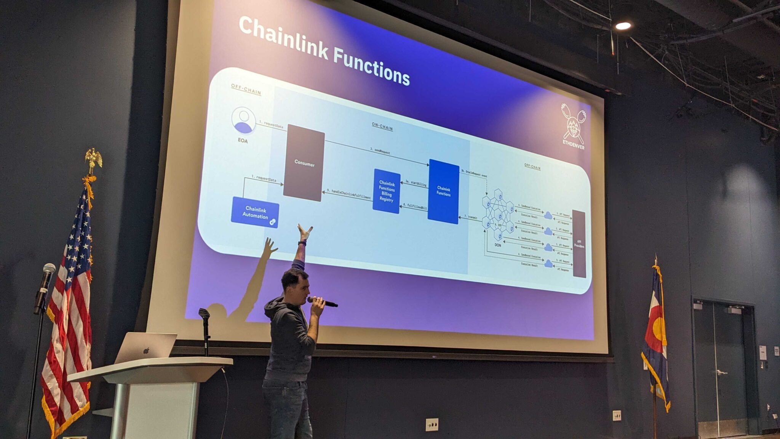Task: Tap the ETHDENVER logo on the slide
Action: tap(573, 126)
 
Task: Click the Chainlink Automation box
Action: tap(255, 212)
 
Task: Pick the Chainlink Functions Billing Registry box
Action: tap(386, 191)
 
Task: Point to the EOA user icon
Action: tap(243, 121)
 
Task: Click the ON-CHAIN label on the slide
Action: tap(382, 127)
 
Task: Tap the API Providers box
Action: tap(579, 244)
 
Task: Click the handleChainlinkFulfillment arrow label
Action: tap(351, 194)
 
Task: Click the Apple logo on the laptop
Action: tap(146, 351)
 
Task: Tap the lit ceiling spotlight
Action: tap(623, 26)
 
